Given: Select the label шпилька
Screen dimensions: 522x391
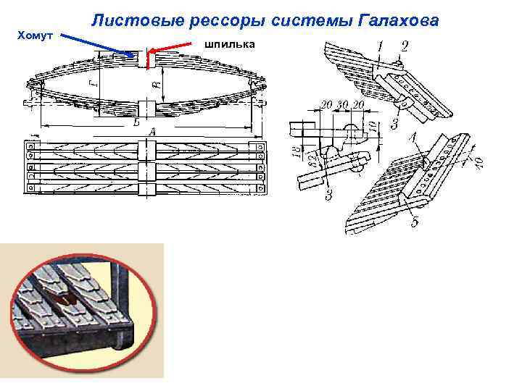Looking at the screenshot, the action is tap(230, 44).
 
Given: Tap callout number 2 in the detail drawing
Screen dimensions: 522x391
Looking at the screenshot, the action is tap(404, 46).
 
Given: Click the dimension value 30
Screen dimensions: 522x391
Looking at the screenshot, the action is tap(342, 106).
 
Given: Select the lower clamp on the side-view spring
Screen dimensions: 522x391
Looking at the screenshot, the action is tap(143, 109).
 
